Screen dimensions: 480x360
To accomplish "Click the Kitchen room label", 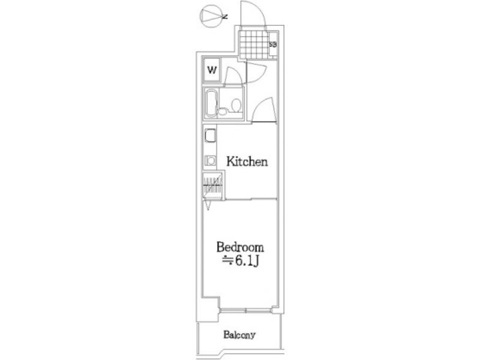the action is [247, 161].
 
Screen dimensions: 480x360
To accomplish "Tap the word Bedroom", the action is [240, 247].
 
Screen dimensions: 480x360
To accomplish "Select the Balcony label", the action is [239, 335].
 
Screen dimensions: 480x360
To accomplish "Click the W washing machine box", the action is [212, 70].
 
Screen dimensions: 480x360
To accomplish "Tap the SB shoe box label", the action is [273, 44].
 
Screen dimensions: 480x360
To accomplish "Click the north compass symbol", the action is [211, 16].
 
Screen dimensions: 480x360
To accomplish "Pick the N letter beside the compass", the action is [226, 17].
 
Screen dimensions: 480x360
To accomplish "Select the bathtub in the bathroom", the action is [211, 103].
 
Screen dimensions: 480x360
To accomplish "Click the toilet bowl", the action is [236, 106].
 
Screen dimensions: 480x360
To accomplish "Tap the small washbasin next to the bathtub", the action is [223, 111].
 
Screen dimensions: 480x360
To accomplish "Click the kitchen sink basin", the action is [211, 136].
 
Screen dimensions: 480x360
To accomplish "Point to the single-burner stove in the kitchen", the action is [211, 160].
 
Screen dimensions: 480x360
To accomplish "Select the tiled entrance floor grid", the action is [254, 44].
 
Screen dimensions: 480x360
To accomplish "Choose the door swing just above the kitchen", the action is [265, 109].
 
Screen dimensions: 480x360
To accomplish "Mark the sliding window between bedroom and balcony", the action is [246, 310].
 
